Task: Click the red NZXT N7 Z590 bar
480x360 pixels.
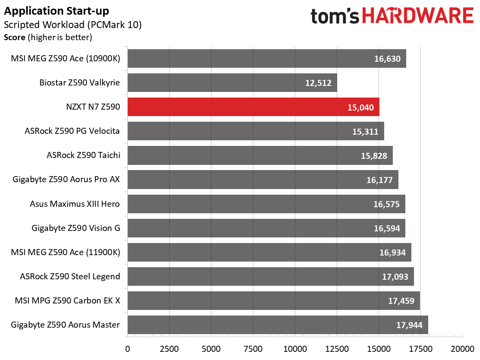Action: [253, 107]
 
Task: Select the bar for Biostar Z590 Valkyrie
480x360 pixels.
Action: [232, 82]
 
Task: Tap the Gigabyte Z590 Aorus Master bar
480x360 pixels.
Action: [278, 325]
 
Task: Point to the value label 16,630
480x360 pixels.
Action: [387, 59]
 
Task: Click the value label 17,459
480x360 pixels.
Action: [401, 301]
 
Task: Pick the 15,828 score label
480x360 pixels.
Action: [374, 156]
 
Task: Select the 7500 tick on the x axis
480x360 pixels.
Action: [253, 349]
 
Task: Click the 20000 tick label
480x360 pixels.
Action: [463, 349]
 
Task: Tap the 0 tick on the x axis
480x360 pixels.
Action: [128, 349]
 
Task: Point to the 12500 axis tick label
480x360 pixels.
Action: [337, 349]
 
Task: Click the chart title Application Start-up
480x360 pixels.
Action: [56, 11]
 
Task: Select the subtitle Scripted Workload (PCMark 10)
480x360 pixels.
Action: [73, 25]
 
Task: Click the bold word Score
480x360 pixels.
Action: [15, 38]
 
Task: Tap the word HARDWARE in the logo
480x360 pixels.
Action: [418, 16]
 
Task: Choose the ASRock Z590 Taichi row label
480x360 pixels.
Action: [83, 155]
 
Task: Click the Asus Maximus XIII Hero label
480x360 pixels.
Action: [75, 204]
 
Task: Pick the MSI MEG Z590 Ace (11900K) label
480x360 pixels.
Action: [66, 252]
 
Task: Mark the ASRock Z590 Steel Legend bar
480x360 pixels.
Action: [271, 276]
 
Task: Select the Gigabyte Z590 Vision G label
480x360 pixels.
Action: [76, 228]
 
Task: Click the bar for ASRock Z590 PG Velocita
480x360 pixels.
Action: [256, 131]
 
